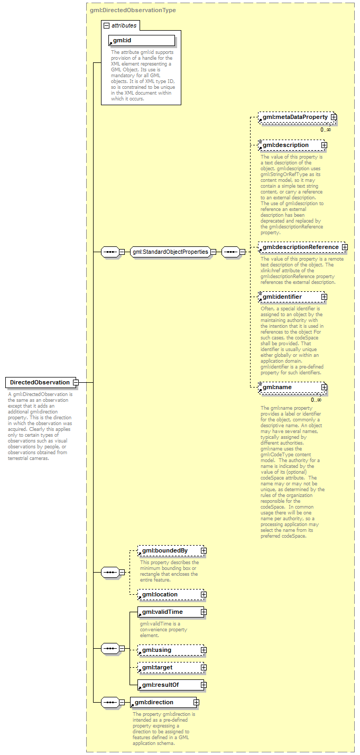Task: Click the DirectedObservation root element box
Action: tap(40, 382)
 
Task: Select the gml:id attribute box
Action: tap(141, 40)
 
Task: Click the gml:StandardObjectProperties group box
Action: tap(170, 252)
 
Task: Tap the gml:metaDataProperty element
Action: tap(295, 117)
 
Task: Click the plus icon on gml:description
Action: tap(324, 145)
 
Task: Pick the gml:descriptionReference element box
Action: tap(300, 247)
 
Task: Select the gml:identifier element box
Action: tap(290, 297)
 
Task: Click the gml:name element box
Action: tap(290, 387)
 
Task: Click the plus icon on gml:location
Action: tap(204, 594)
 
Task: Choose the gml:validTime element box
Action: tap(169, 612)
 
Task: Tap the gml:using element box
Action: tap(169, 650)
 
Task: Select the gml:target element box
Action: tap(169, 667)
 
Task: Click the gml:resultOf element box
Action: tap(169, 685)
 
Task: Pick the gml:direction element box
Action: tap(161, 702)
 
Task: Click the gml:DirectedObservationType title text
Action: tap(133, 10)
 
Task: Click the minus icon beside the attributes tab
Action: tap(106, 25)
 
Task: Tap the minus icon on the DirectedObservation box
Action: tap(76, 382)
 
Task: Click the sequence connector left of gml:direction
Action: tap(109, 702)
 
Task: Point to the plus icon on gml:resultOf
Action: tap(204, 685)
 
